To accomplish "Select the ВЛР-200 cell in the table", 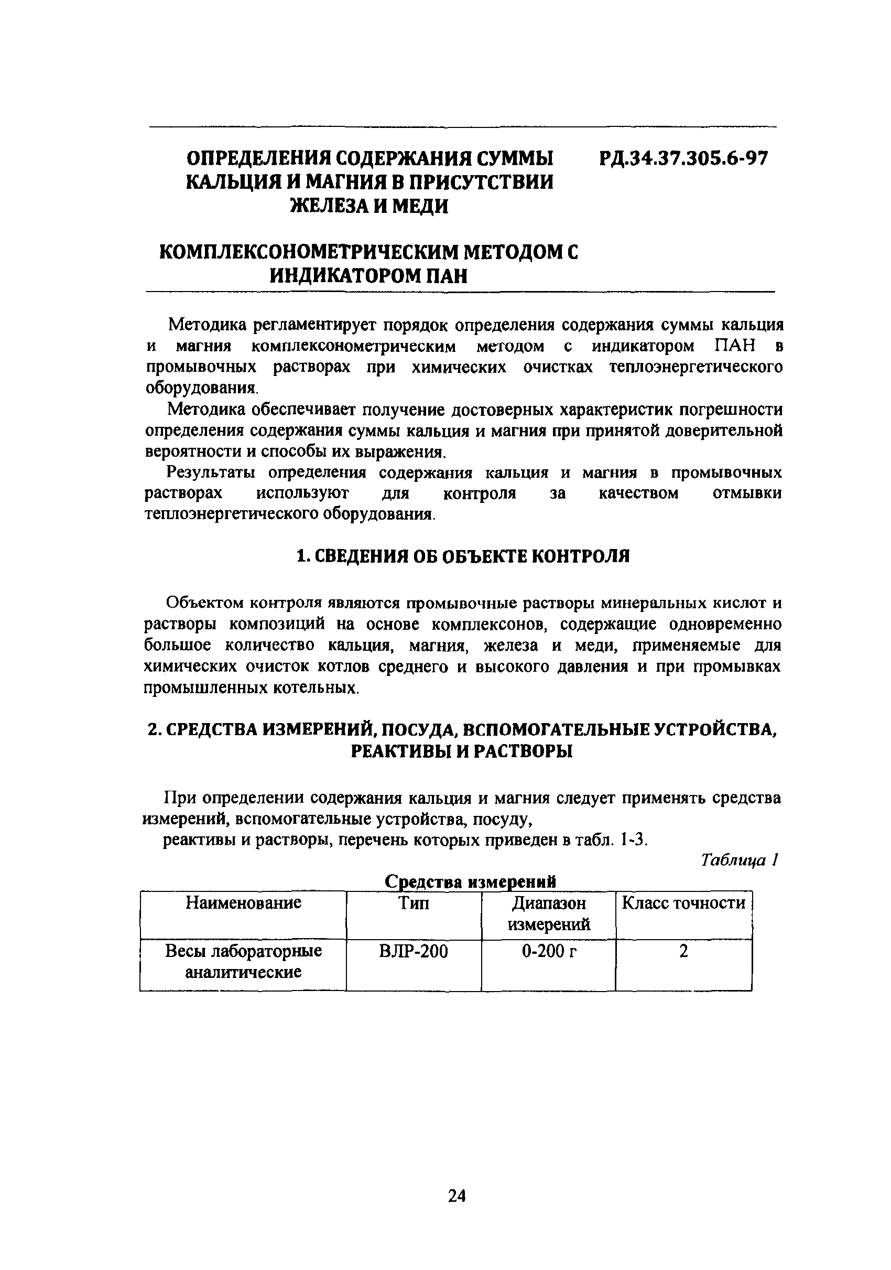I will point(414,951).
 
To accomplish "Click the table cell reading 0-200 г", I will point(549,951).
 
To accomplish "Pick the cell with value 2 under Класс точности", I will point(684,951).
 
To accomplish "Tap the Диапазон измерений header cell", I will point(549,913).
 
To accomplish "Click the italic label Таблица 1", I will point(740,860).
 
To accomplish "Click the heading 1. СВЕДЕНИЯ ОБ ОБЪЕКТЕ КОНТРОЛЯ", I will point(463,556).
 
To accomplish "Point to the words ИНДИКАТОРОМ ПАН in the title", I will point(368,275).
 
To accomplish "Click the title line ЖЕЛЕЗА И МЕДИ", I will point(369,206).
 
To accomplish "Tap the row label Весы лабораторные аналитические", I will point(243,961).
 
